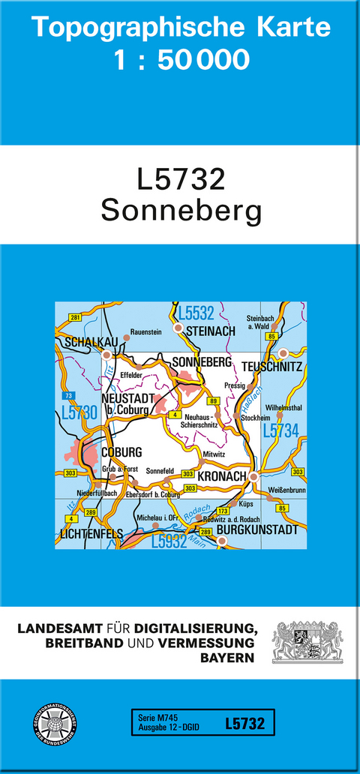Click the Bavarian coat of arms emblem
point(307,642)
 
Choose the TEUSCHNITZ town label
point(272,367)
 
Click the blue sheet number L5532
point(196,312)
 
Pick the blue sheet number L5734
point(281,430)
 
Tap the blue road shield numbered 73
point(69,394)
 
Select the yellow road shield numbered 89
point(214,402)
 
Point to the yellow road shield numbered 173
point(222,511)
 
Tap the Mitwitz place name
point(214,454)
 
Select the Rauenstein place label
point(146,331)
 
